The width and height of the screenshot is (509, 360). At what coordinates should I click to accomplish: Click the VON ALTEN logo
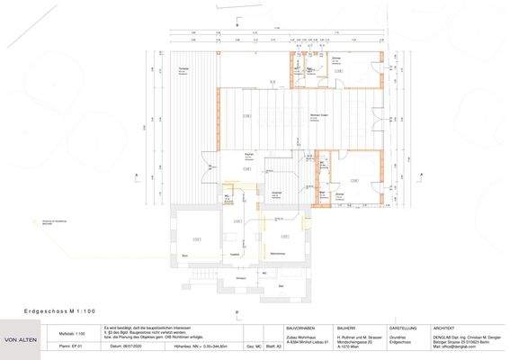pyautogui.click(x=21, y=339)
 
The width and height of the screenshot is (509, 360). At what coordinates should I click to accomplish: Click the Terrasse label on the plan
pyautogui.click(x=183, y=69)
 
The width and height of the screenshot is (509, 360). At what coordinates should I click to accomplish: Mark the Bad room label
pyautogui.click(x=281, y=286)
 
